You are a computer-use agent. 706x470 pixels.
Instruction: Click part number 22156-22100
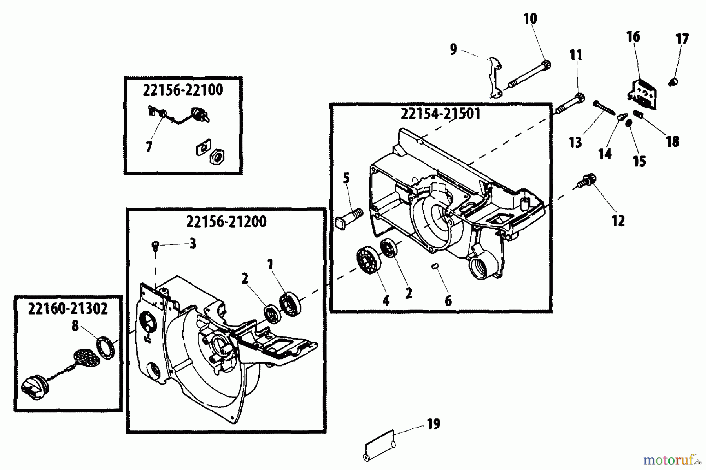183,90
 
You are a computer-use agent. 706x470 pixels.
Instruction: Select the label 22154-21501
440,114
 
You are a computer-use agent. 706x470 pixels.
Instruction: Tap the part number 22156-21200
226,222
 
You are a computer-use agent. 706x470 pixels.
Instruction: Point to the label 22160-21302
68,309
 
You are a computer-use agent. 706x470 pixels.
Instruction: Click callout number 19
433,424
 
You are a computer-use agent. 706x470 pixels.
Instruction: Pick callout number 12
618,221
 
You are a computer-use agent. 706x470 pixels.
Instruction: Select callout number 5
346,179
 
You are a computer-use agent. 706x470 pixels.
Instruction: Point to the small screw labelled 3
155,246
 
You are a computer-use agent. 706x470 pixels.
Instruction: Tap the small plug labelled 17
673,82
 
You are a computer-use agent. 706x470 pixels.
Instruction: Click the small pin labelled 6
434,266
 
